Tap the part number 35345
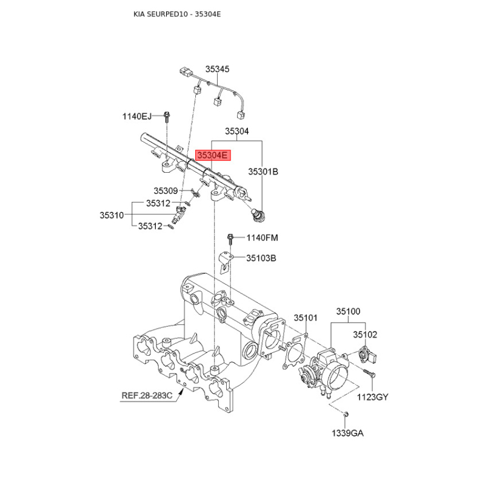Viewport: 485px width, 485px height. pos(217,70)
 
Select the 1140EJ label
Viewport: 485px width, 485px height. pos(136,116)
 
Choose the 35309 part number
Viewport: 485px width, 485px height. pos(165,190)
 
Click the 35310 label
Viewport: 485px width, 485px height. pos(112,215)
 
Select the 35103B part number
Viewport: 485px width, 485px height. pos(261,258)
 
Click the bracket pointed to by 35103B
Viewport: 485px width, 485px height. pos(226,262)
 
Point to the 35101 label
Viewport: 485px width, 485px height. pos(306,318)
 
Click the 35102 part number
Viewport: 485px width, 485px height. pos(366,334)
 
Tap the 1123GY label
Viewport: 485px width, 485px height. pos(372,398)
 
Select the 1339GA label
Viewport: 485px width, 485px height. pos(347,433)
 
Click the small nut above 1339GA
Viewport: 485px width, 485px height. pos(343,413)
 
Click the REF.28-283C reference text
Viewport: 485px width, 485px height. pos(147,396)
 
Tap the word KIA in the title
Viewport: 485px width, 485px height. pos(140,13)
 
